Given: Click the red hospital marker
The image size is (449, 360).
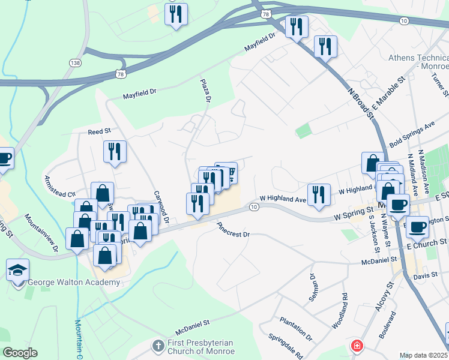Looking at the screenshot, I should tap(357, 346).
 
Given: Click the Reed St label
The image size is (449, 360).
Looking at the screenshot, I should tap(100, 131).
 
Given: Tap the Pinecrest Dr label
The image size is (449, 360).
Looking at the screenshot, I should tap(232, 230).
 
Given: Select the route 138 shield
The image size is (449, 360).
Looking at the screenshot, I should tap(74, 62).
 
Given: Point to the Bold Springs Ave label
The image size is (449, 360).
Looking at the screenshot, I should tap(412, 136).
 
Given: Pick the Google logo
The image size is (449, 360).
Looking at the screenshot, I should tap(20, 352).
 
